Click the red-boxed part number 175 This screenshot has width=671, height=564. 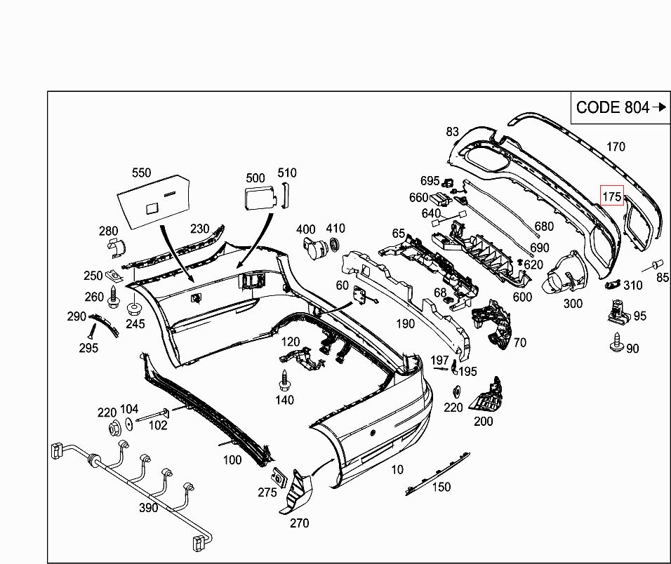pos(612,197)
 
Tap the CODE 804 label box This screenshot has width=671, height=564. pos(620,107)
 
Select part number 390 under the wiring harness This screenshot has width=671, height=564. pos(148,507)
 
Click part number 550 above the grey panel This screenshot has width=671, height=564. pos(142,172)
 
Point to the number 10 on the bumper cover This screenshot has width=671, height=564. pos(397,469)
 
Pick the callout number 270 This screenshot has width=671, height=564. pos(299,523)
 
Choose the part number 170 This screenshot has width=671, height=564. pos(616,147)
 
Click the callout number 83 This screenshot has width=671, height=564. pos(451,131)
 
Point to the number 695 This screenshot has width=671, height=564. pos(430,181)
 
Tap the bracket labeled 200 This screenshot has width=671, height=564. pos(489,397)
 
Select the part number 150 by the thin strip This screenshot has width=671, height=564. pos(441,487)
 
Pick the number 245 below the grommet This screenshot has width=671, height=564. pos(135,324)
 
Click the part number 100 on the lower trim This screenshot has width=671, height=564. pos(232,460)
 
